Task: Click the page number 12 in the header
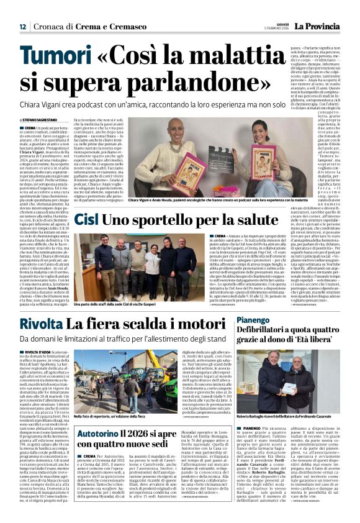(x=22, y=27)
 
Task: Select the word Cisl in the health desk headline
(x=88, y=220)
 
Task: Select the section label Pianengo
(x=252, y=319)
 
